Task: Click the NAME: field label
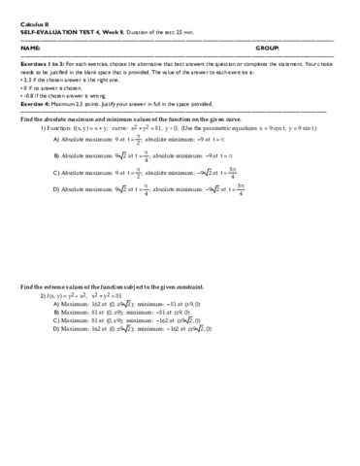pos(30,47)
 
